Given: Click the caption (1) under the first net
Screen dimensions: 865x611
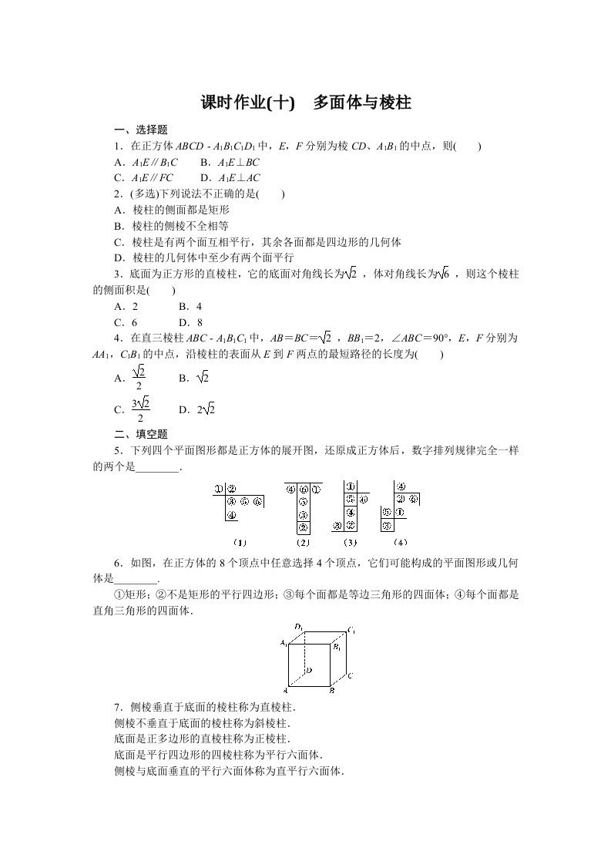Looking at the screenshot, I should tap(240, 541).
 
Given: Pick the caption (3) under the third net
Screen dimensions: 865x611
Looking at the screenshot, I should tap(348, 541).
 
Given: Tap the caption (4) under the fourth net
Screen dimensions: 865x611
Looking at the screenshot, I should tap(399, 541).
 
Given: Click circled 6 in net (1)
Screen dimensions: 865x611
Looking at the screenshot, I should tap(257, 501).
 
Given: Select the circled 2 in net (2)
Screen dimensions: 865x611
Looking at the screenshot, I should tap(304, 527).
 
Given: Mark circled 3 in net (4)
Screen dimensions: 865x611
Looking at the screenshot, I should tap(387, 525).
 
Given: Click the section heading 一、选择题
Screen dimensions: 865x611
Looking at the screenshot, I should tap(140, 130).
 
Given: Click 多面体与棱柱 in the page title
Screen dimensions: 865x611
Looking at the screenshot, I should tap(362, 103).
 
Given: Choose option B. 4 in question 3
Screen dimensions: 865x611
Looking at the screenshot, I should tap(190, 307).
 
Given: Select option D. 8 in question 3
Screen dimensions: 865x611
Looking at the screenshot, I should tap(190, 323).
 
